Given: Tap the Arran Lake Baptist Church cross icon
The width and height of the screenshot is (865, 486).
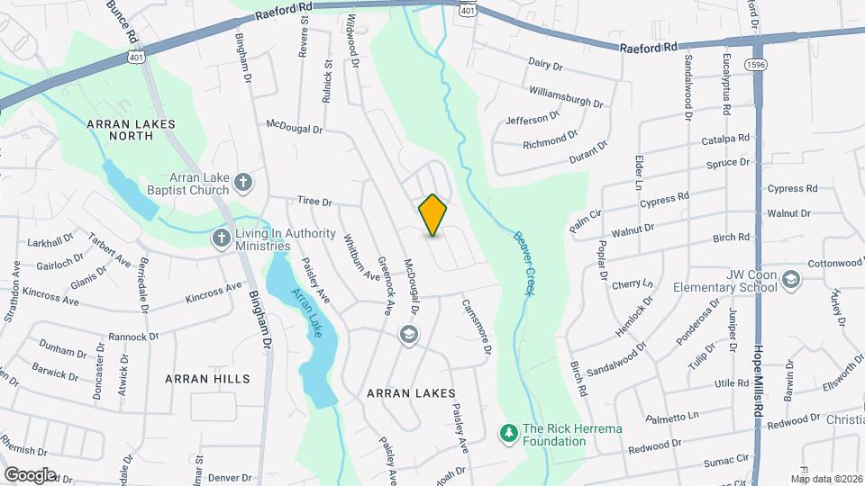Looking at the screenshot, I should point(242,184).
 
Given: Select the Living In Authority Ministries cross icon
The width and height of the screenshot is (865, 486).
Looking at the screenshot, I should point(220,238).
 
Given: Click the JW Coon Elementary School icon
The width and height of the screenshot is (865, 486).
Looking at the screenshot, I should point(790,280).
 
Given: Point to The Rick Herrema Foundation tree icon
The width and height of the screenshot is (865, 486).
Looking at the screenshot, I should point(509,434).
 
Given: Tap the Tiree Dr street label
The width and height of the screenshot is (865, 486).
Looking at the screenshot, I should point(315,203).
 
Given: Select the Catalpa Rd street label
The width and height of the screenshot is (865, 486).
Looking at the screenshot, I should point(725,140).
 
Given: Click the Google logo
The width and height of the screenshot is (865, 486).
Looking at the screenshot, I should point(30,474).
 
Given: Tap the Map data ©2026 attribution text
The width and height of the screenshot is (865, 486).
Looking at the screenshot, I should point(826,479).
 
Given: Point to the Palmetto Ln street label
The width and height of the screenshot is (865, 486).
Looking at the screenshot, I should point(673,418).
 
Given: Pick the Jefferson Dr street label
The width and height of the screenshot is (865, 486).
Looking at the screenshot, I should point(527,120).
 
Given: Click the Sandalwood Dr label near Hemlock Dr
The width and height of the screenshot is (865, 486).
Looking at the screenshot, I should point(616,359).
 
